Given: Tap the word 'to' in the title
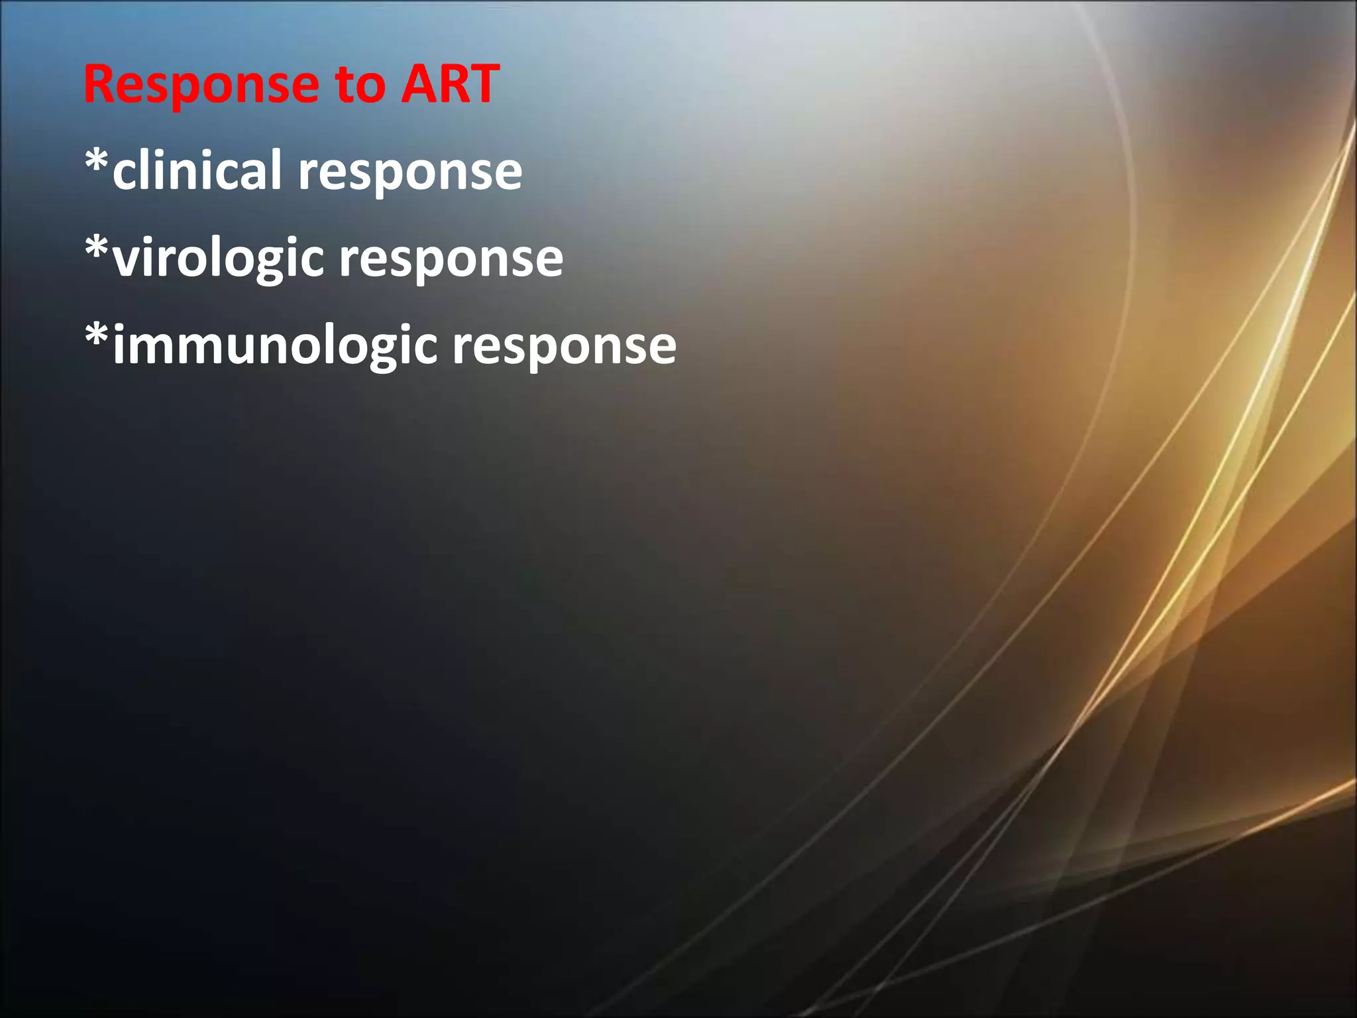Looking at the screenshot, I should pyautogui.click(x=360, y=85).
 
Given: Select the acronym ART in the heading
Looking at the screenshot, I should pyautogui.click(x=449, y=85).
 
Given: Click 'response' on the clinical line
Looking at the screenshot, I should pyautogui.click(x=410, y=174).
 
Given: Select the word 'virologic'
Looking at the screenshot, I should pyautogui.click(x=219, y=258).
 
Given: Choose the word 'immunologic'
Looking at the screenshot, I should pyautogui.click(x=275, y=346).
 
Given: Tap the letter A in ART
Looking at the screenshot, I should pyautogui.click(x=418, y=85).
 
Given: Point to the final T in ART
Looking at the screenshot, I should pyautogui.click(x=483, y=85).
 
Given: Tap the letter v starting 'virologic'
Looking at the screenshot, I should pyautogui.click(x=127, y=260).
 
